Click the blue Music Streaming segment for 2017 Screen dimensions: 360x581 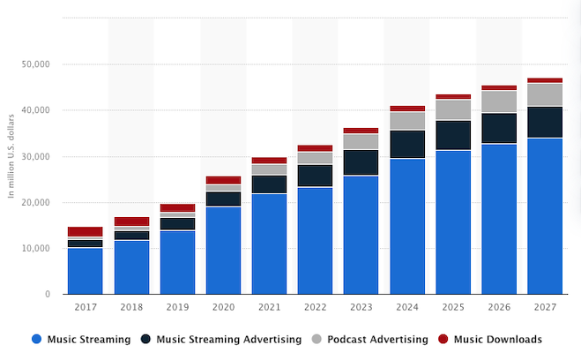click(x=85, y=271)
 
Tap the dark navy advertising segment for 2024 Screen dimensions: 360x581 click(x=406, y=144)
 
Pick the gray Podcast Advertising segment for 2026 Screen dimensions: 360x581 click(x=498, y=101)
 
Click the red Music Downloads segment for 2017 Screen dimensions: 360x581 click(x=85, y=231)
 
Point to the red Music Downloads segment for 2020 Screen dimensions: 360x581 click(x=223, y=180)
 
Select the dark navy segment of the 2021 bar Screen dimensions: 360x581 click(x=269, y=184)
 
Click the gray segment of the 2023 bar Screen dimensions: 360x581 click(x=361, y=141)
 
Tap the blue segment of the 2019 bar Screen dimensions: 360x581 click(x=177, y=262)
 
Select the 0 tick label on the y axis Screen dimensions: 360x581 click(x=46, y=295)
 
